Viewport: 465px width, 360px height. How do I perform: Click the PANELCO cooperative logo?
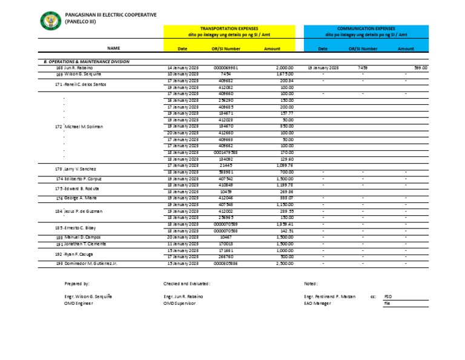(50, 22)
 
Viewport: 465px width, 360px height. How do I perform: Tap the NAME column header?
(114, 48)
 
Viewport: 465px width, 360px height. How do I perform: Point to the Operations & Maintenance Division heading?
(86, 62)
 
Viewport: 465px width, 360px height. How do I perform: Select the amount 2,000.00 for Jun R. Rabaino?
(285, 68)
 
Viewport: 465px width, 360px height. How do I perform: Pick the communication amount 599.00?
(420, 68)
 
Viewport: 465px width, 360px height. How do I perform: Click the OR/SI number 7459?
(363, 68)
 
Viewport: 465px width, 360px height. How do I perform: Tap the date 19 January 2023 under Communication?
(323, 68)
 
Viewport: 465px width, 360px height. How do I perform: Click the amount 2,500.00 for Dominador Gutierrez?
(285, 264)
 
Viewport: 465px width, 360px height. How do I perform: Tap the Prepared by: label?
(77, 283)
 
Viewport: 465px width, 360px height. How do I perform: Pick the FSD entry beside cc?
(388, 296)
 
